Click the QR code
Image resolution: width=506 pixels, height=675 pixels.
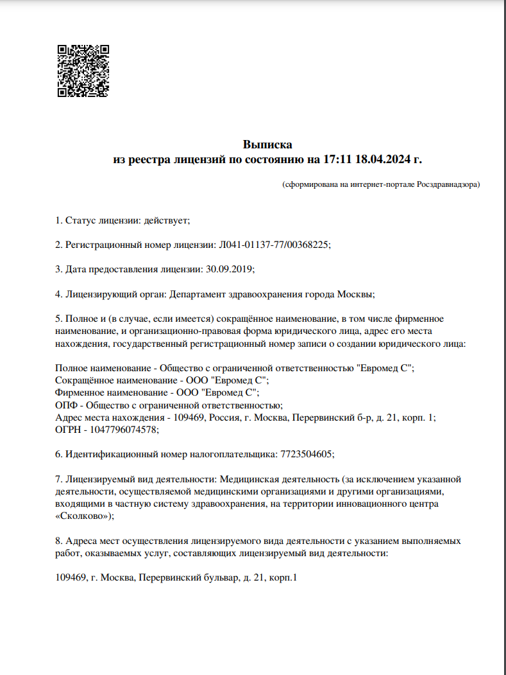83,71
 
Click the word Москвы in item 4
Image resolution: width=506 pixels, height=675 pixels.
355,294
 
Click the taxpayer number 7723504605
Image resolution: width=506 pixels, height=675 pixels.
307,453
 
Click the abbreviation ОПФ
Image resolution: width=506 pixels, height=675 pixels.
65,405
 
